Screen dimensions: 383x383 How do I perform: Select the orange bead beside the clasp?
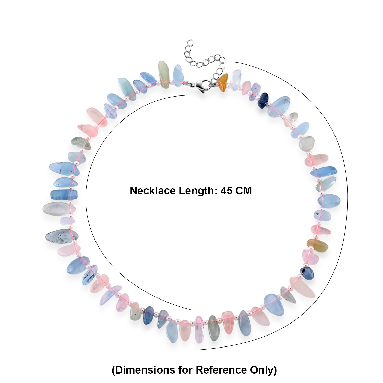[223, 83]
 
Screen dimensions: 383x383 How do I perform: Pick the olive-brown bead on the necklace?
[317, 245]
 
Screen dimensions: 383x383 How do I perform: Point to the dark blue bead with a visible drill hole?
[307, 273]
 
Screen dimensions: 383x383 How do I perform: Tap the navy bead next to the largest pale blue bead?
[263, 100]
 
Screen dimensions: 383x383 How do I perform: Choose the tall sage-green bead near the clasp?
[163, 74]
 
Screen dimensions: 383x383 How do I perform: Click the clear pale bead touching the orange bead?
[235, 78]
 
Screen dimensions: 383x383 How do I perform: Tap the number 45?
[227, 191]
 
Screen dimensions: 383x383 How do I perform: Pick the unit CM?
[244, 191]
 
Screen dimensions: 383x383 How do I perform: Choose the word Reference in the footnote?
[221, 370]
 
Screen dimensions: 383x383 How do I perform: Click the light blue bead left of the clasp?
[178, 74]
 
